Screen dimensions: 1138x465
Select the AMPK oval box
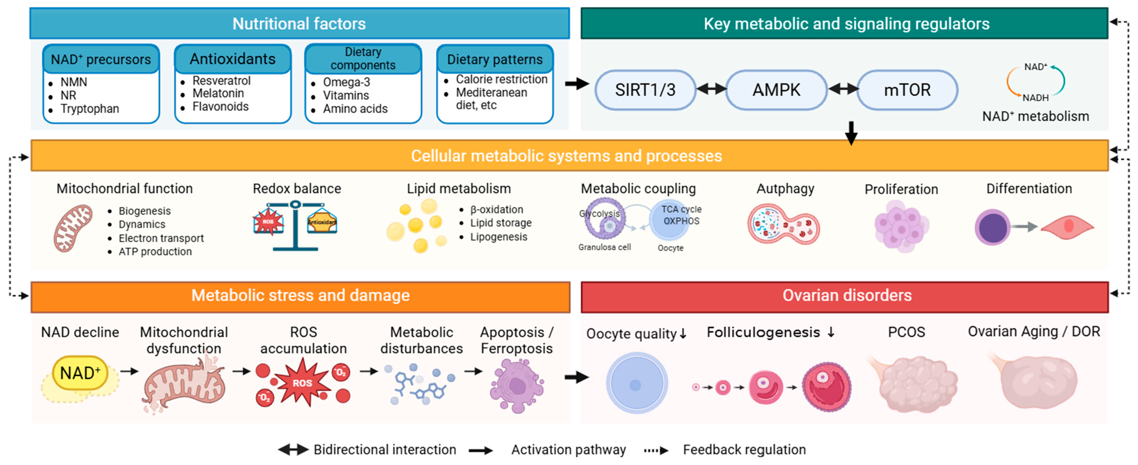776,90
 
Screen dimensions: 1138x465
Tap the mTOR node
907,90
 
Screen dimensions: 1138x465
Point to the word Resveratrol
221,81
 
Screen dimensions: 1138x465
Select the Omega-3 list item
346,82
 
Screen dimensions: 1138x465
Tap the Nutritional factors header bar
300,23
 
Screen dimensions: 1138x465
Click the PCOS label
906,332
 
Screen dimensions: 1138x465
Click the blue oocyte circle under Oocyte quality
636,383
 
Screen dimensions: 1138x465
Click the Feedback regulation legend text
744,449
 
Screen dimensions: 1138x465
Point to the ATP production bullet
155,252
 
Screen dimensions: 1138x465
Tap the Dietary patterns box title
495,59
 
